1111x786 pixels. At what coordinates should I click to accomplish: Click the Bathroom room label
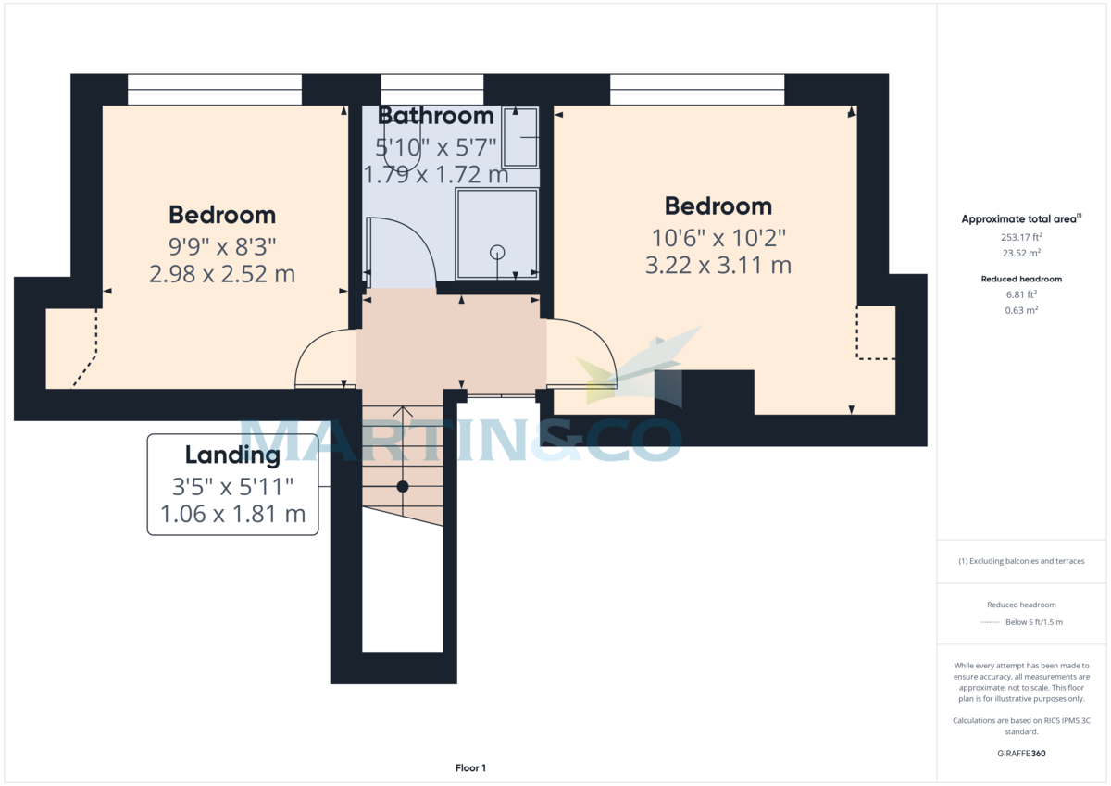[x=435, y=116]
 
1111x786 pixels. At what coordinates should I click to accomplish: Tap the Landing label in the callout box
[x=232, y=455]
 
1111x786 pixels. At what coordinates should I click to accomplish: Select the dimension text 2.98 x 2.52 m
[x=222, y=274]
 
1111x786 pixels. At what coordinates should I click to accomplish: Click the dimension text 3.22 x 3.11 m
[x=718, y=265]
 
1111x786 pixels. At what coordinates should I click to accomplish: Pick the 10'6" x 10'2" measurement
[x=718, y=236]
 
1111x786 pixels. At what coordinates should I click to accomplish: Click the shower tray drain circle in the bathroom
[x=497, y=251]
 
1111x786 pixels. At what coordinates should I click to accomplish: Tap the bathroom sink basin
[x=520, y=137]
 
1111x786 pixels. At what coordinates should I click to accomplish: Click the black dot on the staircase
[x=403, y=486]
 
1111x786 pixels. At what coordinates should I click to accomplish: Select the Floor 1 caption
[x=470, y=767]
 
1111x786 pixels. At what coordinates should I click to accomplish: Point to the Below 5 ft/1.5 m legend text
[x=1033, y=622]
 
